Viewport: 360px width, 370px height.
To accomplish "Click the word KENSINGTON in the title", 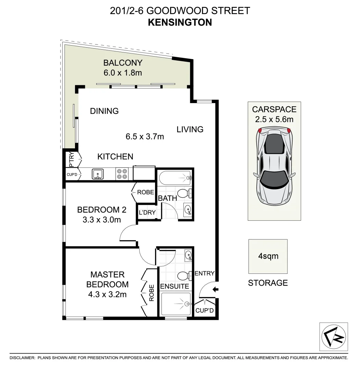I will (180, 22).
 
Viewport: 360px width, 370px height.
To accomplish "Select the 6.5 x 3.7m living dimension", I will (145, 137).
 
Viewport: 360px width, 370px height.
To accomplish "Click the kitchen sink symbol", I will (98, 174).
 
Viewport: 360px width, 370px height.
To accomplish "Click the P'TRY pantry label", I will (71, 159).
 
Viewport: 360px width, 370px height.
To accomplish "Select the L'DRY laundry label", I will (147, 212).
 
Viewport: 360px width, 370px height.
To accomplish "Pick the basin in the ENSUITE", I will (188, 255).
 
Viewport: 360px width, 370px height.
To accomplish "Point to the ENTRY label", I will (204, 273).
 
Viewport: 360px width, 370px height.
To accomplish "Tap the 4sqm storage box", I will (268, 256).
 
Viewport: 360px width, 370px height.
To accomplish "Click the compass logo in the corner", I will (333, 336).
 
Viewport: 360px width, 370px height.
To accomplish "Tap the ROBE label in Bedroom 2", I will (145, 192).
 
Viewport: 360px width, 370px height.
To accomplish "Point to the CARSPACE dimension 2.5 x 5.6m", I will (274, 120).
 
